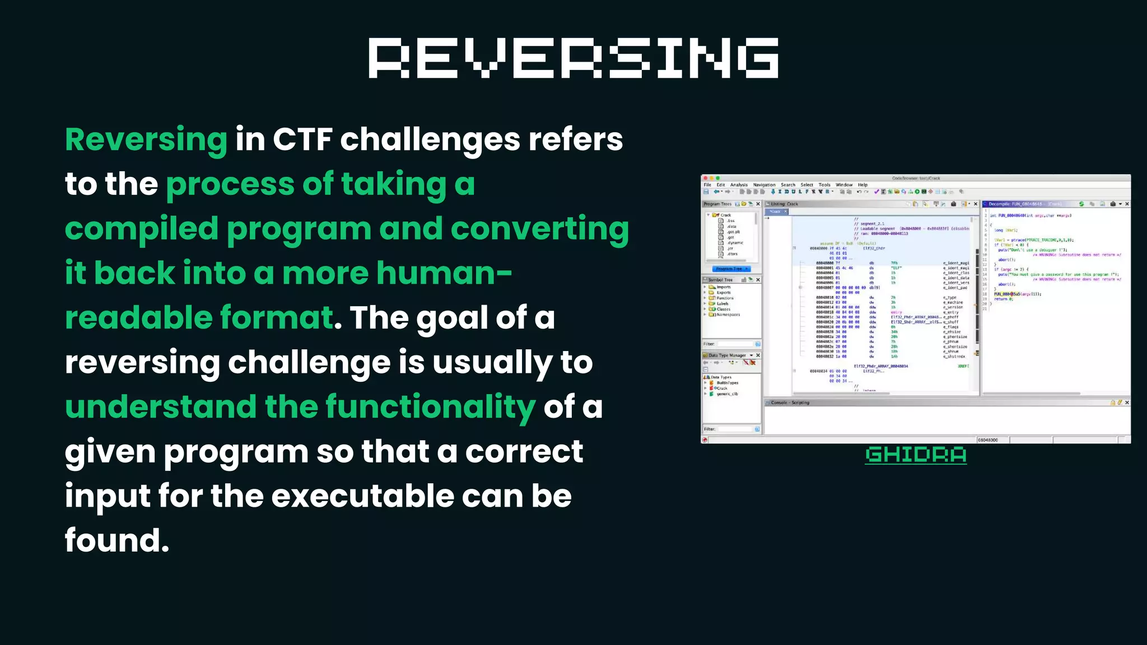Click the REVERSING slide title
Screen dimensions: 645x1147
pyautogui.click(x=573, y=58)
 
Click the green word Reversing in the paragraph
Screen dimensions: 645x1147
pyautogui.click(x=146, y=139)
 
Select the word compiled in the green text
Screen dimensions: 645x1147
pyautogui.click(x=142, y=229)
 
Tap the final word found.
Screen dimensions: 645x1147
pyautogui.click(x=116, y=541)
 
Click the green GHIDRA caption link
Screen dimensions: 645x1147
pyautogui.click(x=916, y=455)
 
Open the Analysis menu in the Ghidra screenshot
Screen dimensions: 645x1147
pyautogui.click(x=739, y=185)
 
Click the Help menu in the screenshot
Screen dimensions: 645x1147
pyautogui.click(x=862, y=185)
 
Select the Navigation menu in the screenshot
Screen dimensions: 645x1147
pyautogui.click(x=764, y=185)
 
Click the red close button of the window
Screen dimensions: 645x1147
pyautogui.click(x=706, y=178)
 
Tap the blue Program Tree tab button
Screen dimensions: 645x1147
pyautogui.click(x=731, y=269)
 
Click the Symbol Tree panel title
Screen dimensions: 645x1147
pyautogui.click(x=720, y=279)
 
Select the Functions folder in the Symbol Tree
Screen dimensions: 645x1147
pyautogui.click(x=725, y=298)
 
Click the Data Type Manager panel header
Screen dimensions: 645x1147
pyautogui.click(x=727, y=355)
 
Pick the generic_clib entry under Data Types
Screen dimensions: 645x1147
pyautogui.click(x=727, y=394)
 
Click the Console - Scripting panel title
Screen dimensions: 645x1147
pyautogui.click(x=790, y=403)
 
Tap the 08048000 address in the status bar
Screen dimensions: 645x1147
pyautogui.click(x=988, y=440)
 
